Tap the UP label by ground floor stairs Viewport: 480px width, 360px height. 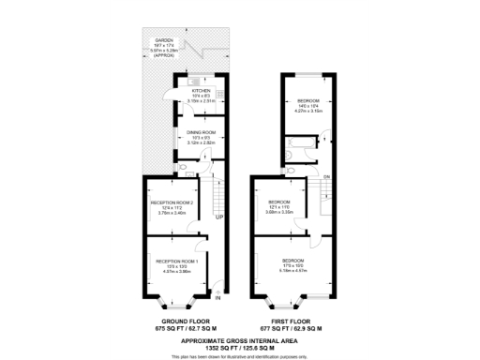[x=219, y=217]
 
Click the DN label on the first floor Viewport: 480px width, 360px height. [x=326, y=177]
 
